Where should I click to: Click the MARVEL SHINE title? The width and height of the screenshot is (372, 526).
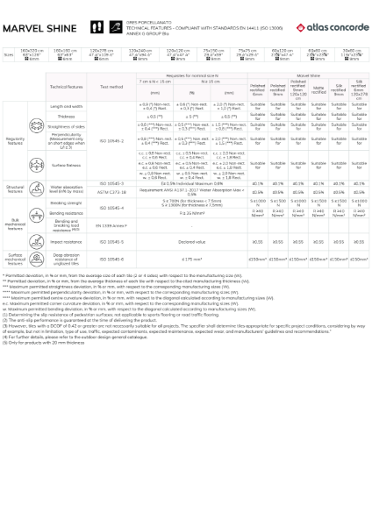pos(38,28)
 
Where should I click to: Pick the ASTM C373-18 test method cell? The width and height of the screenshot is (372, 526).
pos(111,190)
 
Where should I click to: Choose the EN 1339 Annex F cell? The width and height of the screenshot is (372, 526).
pos(111,226)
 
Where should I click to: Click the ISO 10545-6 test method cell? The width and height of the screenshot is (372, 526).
pos(111,259)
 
